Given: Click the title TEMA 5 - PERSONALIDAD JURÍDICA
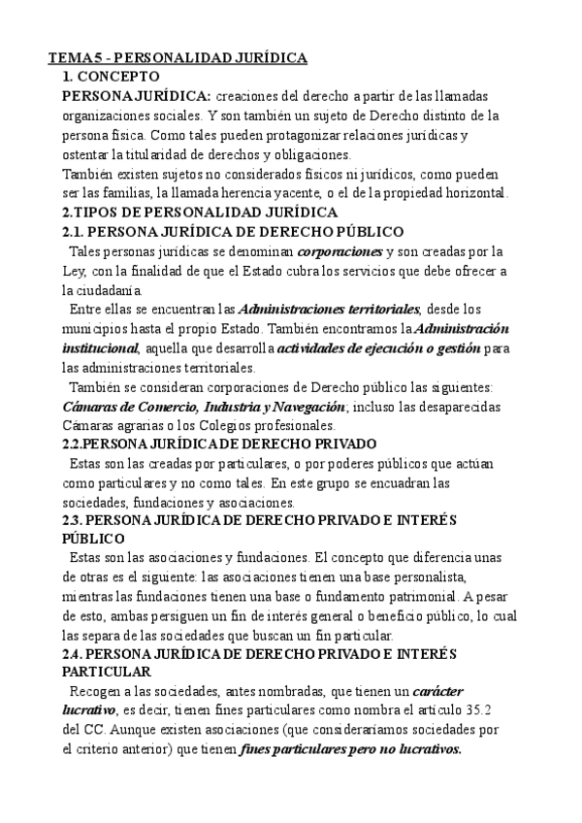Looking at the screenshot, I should click(178, 59).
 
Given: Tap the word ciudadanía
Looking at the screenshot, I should click(102, 289).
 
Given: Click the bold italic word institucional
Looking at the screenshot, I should click(100, 347).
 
